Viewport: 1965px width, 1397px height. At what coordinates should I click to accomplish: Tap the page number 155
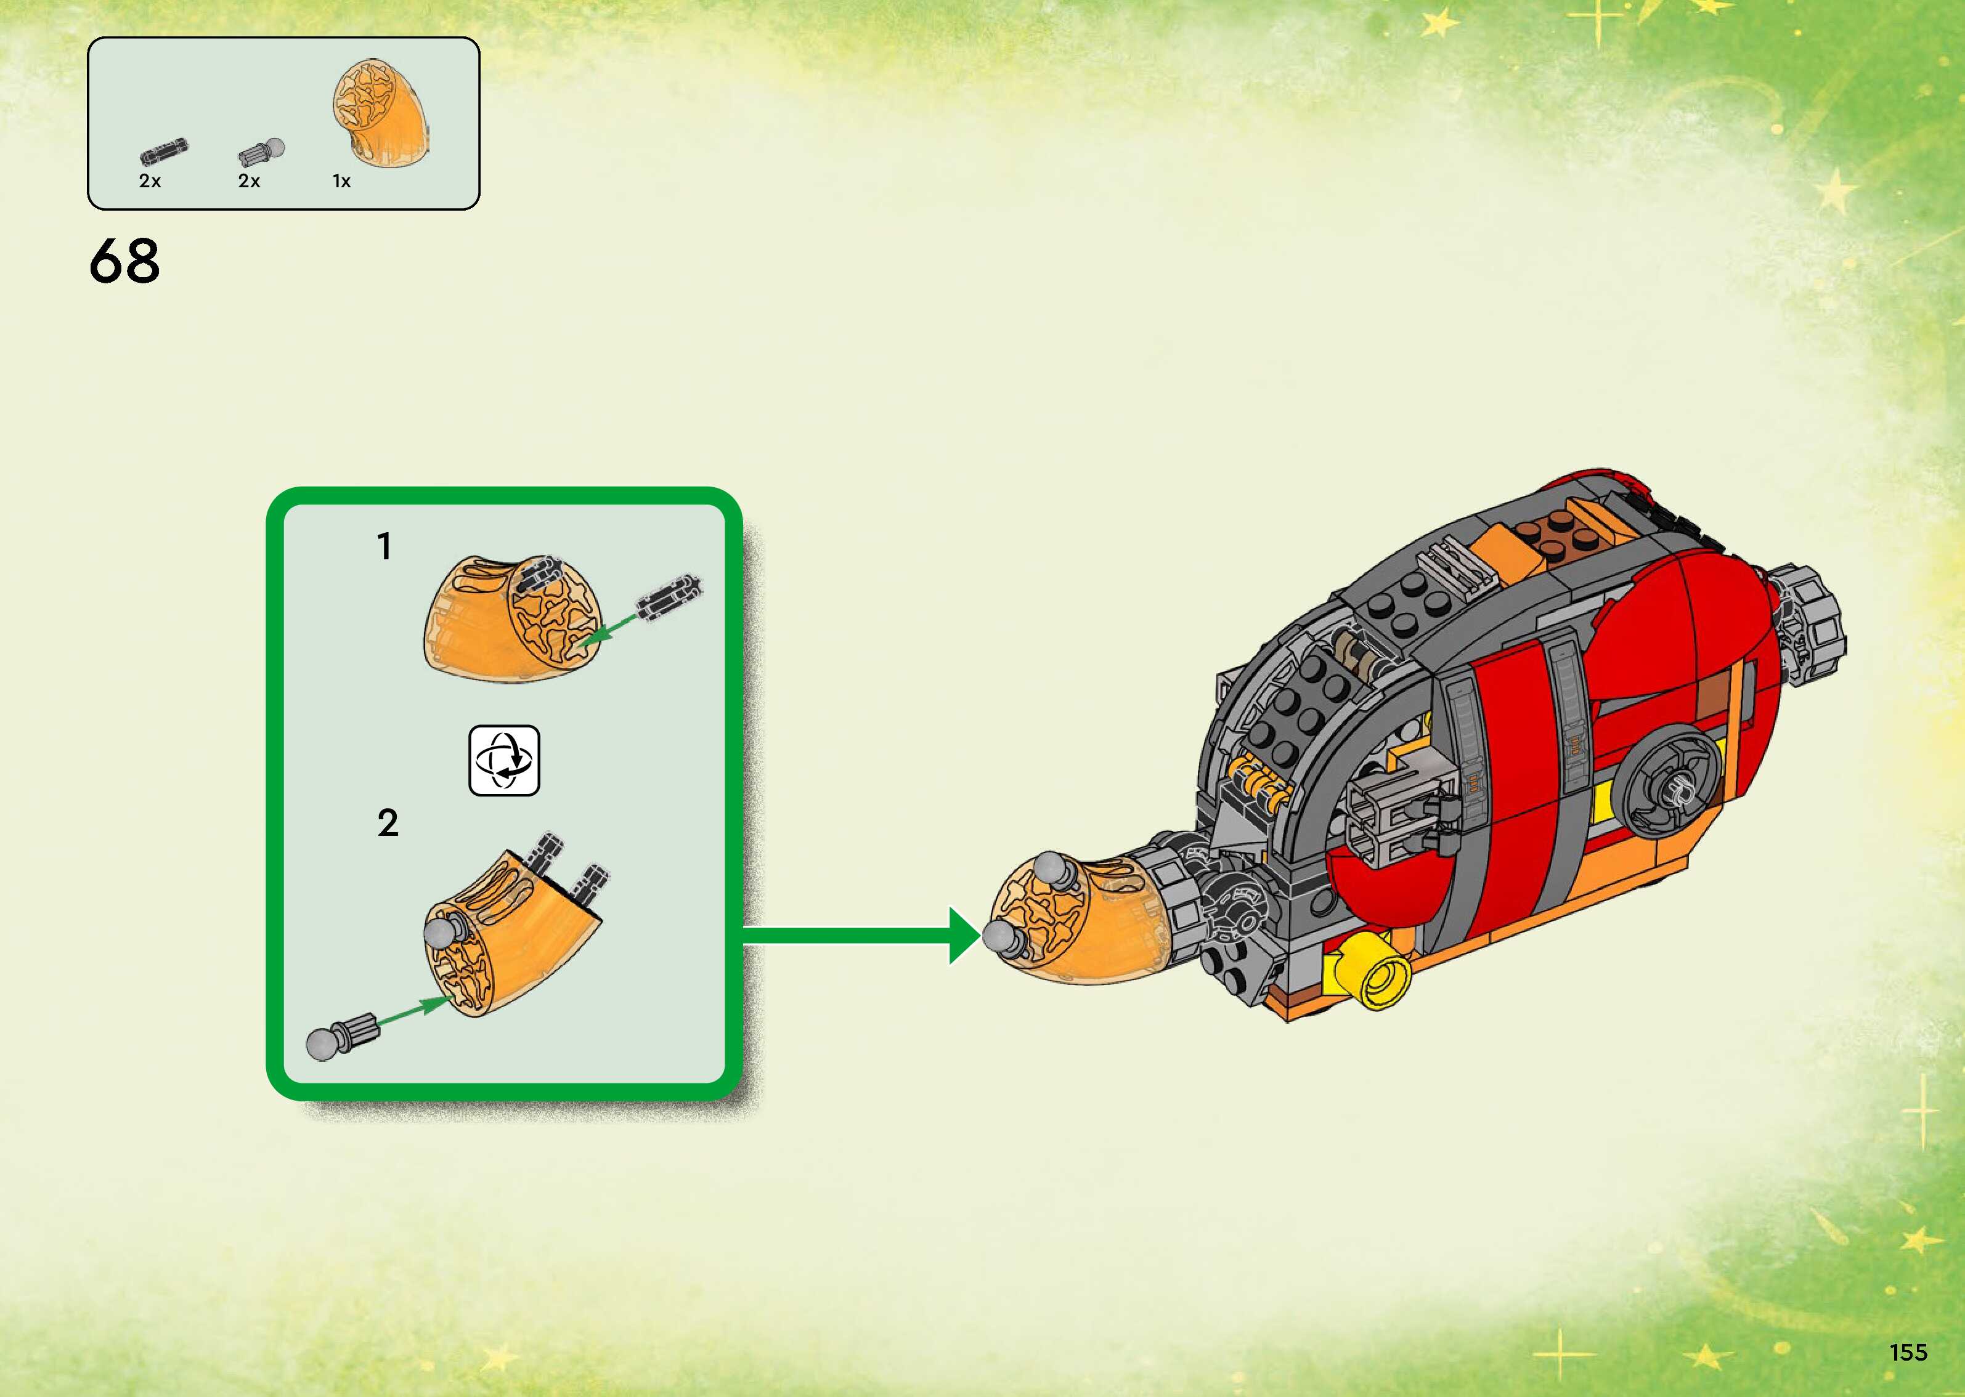point(1908,1351)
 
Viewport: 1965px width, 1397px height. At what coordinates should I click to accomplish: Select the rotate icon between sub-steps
point(504,761)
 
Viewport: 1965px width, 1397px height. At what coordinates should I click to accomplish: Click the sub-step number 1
point(384,547)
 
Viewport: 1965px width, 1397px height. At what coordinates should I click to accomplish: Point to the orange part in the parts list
point(381,113)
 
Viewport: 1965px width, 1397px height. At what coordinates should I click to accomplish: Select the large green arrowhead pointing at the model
point(964,935)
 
